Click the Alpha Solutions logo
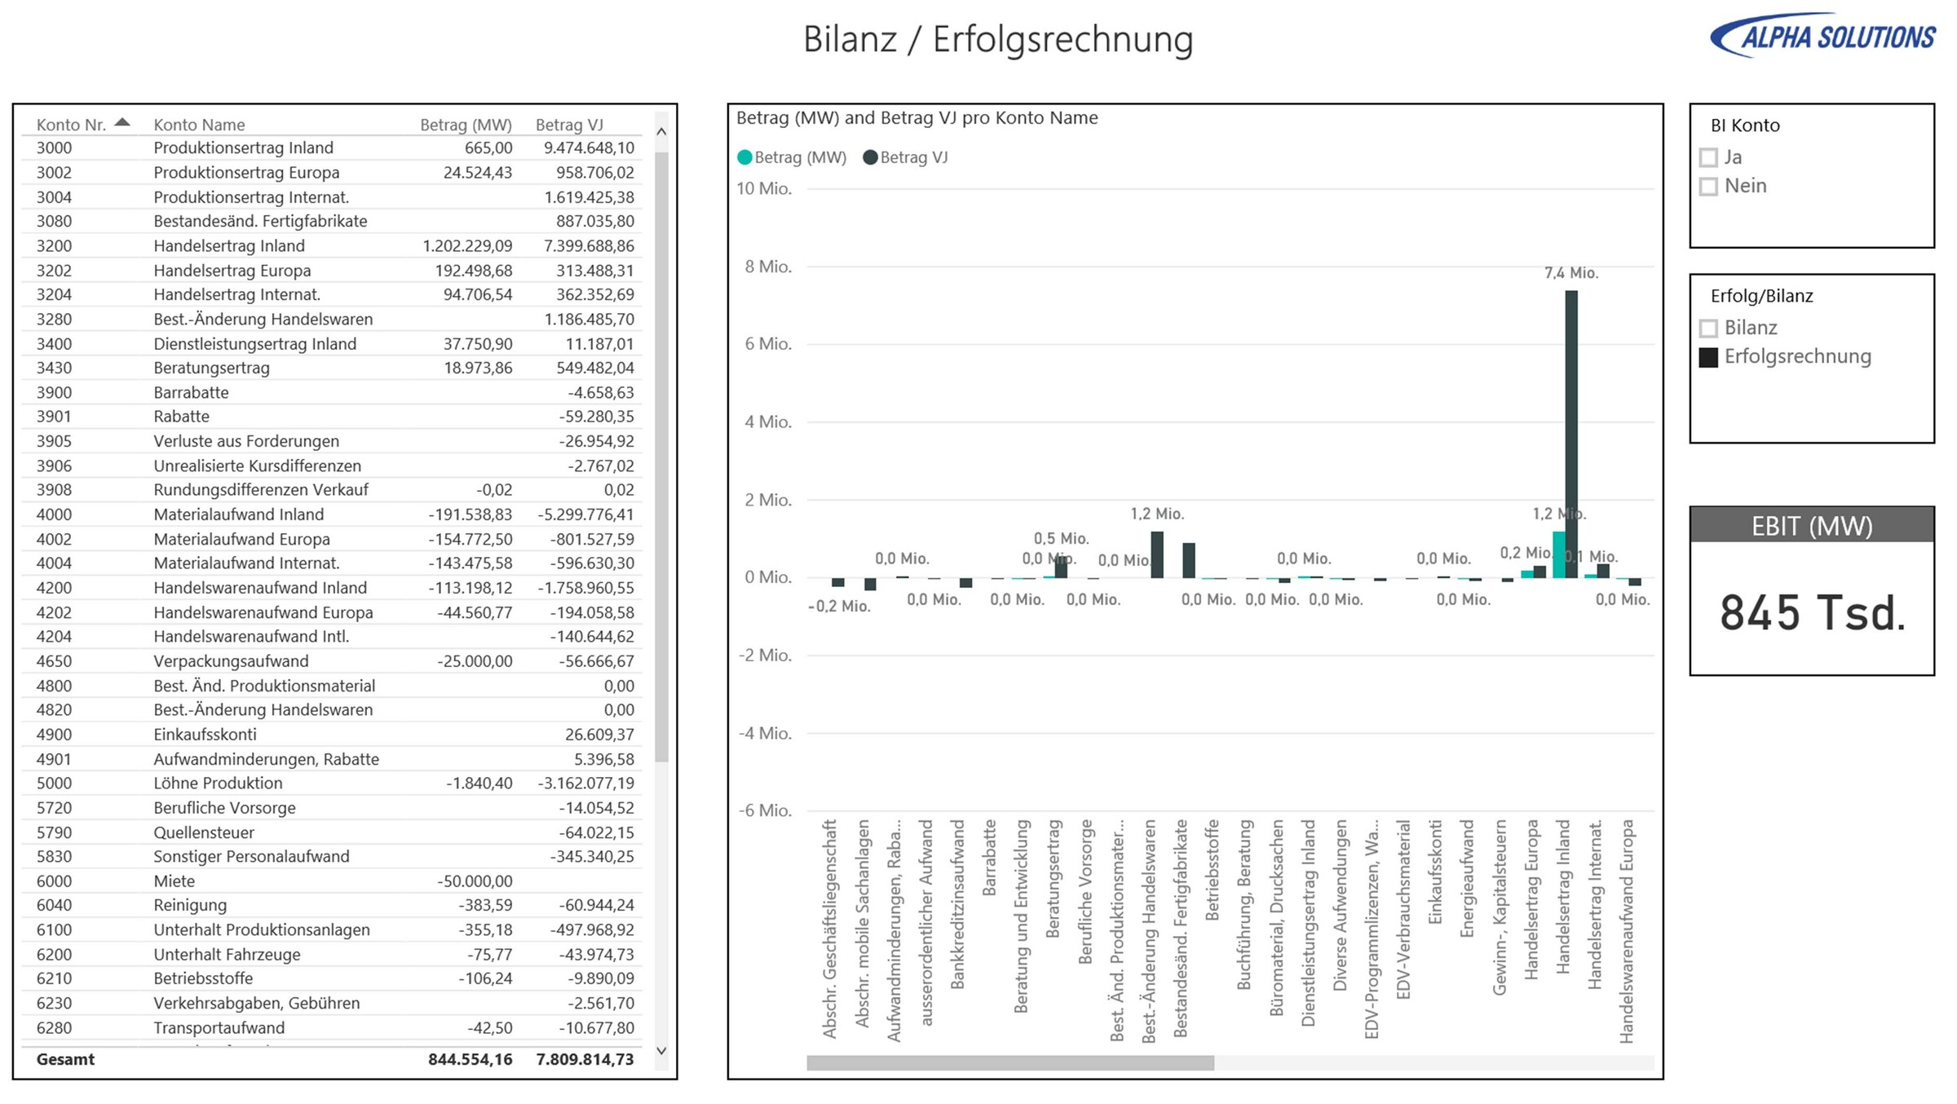pyautogui.click(x=1822, y=36)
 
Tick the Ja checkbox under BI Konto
pyautogui.click(x=1708, y=157)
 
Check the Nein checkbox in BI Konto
pyautogui.click(x=1708, y=187)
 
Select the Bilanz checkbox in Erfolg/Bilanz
pyautogui.click(x=1708, y=328)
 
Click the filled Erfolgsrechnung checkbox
pyautogui.click(x=1708, y=357)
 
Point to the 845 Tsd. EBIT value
pyautogui.click(x=1812, y=613)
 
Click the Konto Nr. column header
pyautogui.click(x=72, y=125)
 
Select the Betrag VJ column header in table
pyautogui.click(x=569, y=125)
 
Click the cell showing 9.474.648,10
pyautogui.click(x=588, y=148)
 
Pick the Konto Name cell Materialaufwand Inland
pyautogui.click(x=238, y=514)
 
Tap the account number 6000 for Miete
pyautogui.click(x=54, y=881)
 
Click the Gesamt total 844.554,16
pyautogui.click(x=470, y=1059)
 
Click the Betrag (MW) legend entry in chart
pyautogui.click(x=792, y=157)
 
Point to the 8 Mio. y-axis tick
pyautogui.click(x=767, y=267)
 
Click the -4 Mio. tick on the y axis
pyautogui.click(x=765, y=733)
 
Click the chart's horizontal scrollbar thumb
pyautogui.click(x=1009, y=1063)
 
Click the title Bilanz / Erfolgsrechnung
pyautogui.click(x=998, y=39)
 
